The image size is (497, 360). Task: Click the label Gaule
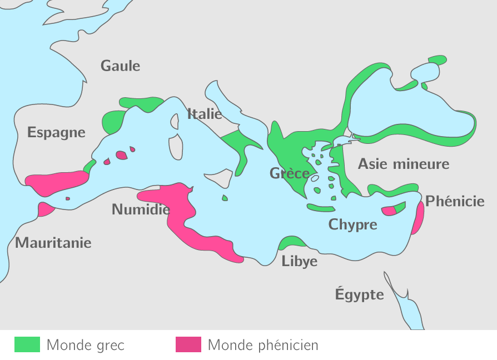coord(120,66)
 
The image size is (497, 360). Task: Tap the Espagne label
coord(56,132)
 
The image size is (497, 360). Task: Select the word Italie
coord(205,114)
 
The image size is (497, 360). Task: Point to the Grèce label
coord(290,173)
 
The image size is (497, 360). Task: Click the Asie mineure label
coord(403,164)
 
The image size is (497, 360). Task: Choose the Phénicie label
coord(455,201)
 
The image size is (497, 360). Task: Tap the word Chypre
coord(352,224)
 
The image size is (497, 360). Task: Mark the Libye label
coord(299,261)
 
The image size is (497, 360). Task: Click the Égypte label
coord(359,294)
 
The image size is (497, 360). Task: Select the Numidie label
coord(141,209)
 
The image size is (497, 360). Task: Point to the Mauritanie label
coord(53,243)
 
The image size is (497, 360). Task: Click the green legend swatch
coord(27,344)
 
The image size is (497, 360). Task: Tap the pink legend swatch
coord(188,344)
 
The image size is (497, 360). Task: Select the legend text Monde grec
coord(85,345)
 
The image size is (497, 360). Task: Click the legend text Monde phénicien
coord(264,345)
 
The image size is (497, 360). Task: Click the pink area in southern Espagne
coord(56,182)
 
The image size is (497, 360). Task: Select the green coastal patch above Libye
coord(291,242)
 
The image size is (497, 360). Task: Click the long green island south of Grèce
coord(320,208)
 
